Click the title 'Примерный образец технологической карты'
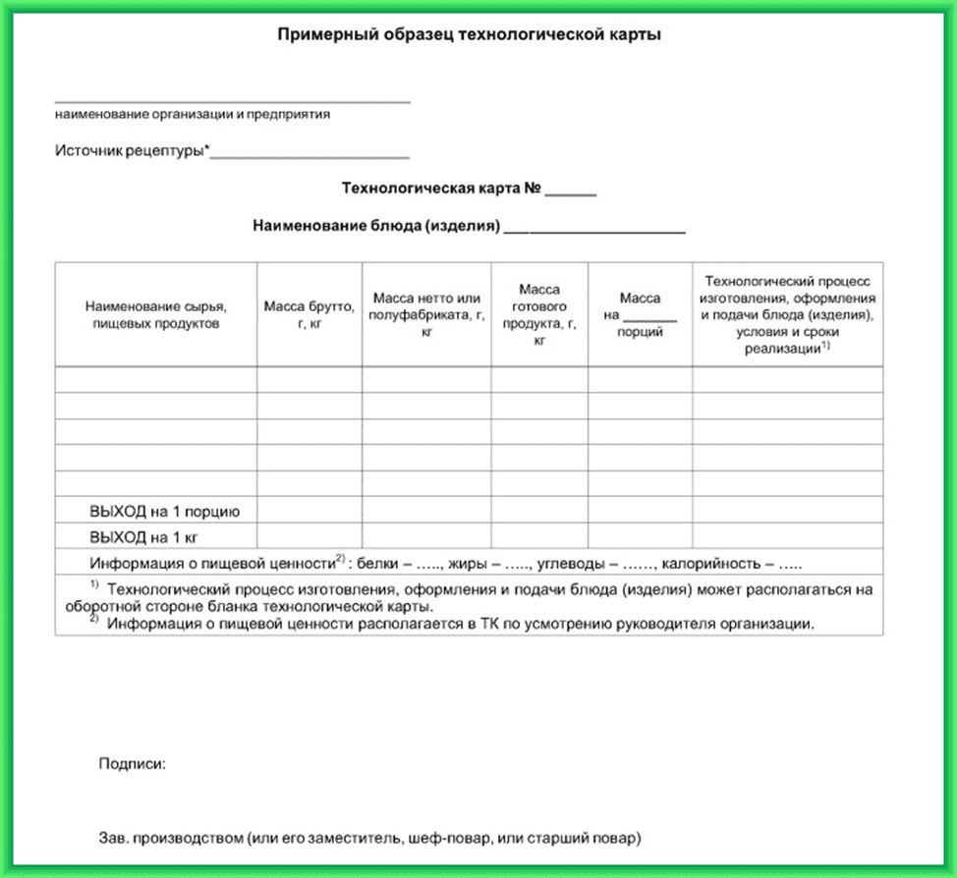pos(469,35)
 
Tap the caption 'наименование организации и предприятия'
pos(193,114)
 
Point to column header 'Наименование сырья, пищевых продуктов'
pos(156,314)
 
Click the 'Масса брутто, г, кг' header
pos(310,314)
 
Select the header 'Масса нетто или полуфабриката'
pos(426,314)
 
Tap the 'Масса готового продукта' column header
pos(539,314)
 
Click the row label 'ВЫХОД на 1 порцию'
pos(164,512)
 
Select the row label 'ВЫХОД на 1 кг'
pos(149,538)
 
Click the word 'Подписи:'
pos(132,763)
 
